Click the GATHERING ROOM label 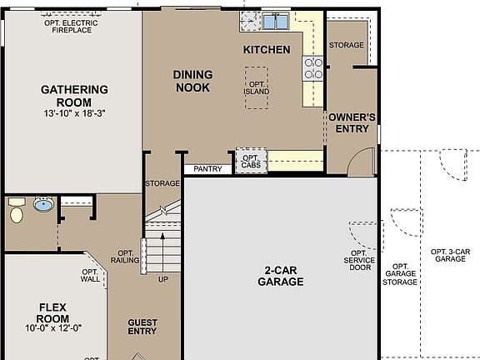[74, 95]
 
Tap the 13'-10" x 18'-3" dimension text [74, 112]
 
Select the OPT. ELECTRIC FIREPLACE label [71, 27]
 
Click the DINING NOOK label [192, 81]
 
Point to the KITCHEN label [267, 50]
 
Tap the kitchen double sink [276, 22]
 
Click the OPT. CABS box [251, 160]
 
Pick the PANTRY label [207, 169]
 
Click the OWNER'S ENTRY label [352, 122]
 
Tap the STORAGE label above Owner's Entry [346, 45]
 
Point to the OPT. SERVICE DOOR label [359, 261]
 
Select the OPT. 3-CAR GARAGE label [449, 255]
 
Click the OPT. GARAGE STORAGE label [399, 275]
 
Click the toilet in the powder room [16, 215]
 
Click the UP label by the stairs [163, 279]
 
